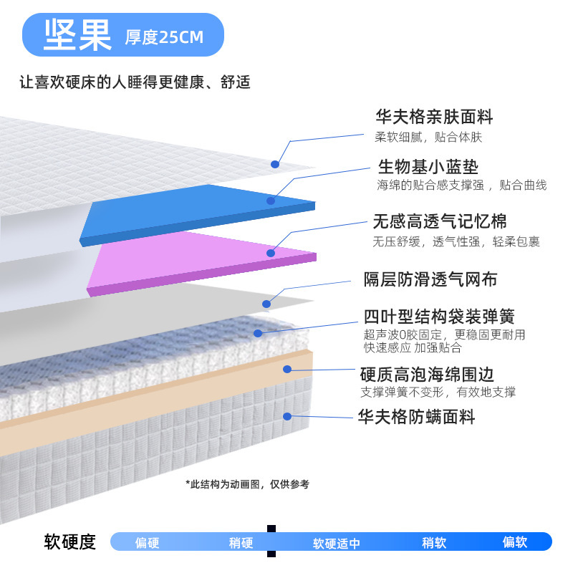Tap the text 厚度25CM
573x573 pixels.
(x=165, y=37)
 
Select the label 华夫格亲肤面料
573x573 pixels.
(x=434, y=117)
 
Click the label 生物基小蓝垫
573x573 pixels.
(x=428, y=167)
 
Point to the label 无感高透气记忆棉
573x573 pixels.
(x=439, y=221)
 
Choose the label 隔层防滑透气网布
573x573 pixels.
(x=430, y=279)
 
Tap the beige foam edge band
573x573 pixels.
(x=143, y=401)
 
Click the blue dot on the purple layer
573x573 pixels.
(x=271, y=253)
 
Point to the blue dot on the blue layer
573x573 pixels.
(x=271, y=201)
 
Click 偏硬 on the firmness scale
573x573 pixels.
(x=147, y=542)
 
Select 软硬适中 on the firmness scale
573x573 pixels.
(x=336, y=543)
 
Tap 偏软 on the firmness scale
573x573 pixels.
(x=514, y=542)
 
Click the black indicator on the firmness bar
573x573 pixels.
(x=271, y=541)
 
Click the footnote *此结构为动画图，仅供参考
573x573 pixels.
(x=247, y=484)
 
